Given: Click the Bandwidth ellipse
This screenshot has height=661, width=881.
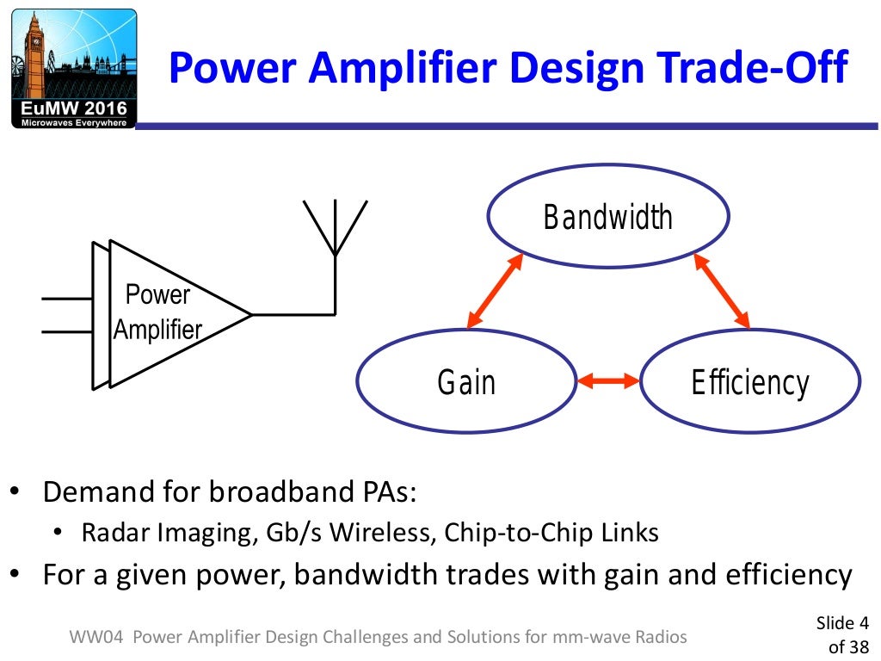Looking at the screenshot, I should point(607,217).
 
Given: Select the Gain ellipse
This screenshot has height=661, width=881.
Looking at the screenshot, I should point(466,381).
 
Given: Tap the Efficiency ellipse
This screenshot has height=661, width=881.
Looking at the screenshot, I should point(750,381).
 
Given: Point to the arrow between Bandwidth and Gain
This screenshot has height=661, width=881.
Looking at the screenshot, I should point(495,292).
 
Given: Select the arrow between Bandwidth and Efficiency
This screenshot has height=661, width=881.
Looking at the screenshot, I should point(720,292).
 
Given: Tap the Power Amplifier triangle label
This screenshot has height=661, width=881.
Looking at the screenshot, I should point(158,312).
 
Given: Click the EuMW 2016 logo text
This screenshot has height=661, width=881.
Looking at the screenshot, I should point(74,108).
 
